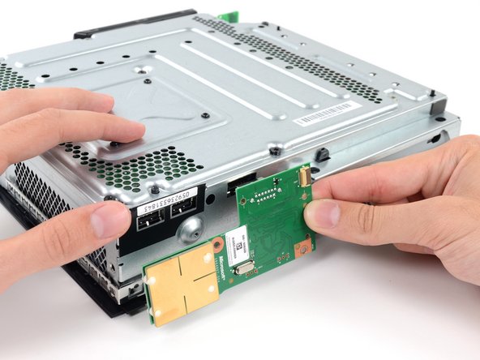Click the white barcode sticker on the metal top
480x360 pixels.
(324, 114)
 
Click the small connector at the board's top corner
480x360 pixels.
(302, 173)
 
